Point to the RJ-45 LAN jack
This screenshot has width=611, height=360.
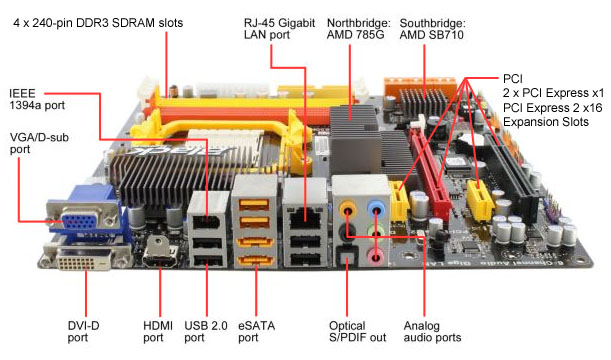pyautogui.click(x=305, y=218)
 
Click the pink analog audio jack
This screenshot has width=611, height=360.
pyautogui.click(x=375, y=256)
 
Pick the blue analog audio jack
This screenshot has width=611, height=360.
pyautogui.click(x=376, y=210)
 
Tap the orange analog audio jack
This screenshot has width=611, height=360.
pyautogui.click(x=347, y=211)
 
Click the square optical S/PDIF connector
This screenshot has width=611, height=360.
pyautogui.click(x=347, y=257)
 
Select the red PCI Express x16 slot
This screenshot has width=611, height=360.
pyautogui.click(x=431, y=171)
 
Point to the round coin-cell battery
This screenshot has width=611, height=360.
pyautogui.click(x=471, y=144)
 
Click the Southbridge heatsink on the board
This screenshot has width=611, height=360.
pyautogui.click(x=424, y=102)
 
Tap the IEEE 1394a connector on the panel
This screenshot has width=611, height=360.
pyautogui.click(x=207, y=223)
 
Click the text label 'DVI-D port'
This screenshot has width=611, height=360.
pyautogui.click(x=83, y=332)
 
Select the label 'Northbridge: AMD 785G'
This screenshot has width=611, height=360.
pyautogui.click(x=358, y=29)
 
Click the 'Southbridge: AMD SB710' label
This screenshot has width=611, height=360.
pyautogui.click(x=432, y=29)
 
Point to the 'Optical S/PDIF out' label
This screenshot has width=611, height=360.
pyautogui.click(x=357, y=332)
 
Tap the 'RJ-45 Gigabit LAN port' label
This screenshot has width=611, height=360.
pyautogui.click(x=279, y=29)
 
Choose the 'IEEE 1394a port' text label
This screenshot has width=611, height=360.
pyautogui.click(x=37, y=99)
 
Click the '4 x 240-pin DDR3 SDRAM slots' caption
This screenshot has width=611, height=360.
pyautogui.click(x=98, y=23)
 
